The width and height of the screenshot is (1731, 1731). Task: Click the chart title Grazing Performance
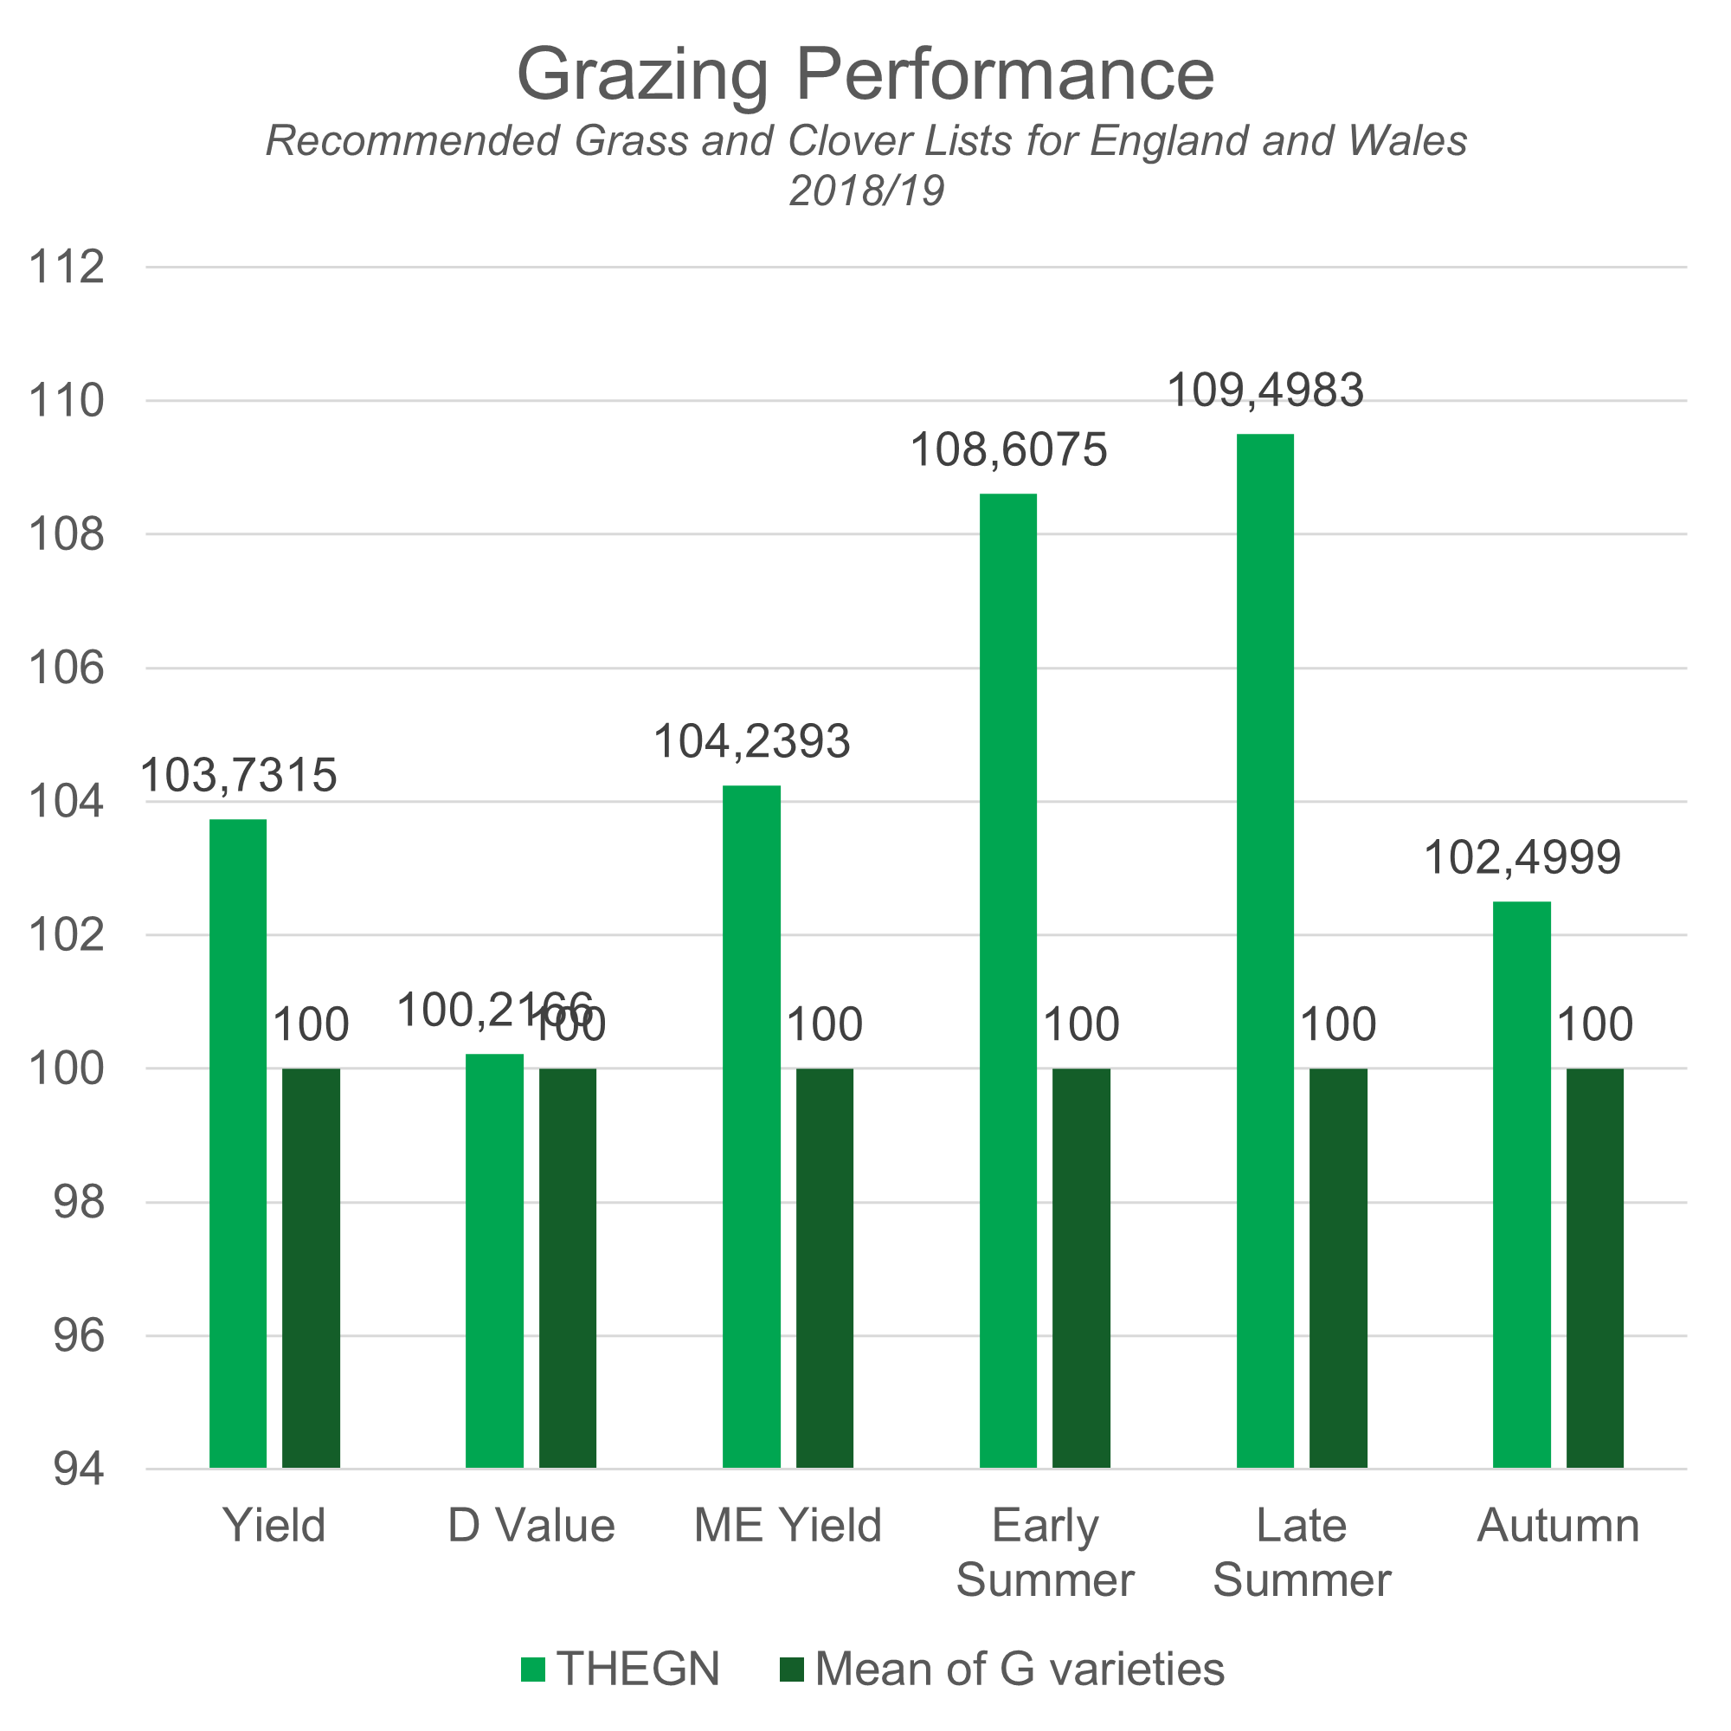click(865, 74)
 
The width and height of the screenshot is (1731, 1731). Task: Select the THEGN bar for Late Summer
click(1265, 950)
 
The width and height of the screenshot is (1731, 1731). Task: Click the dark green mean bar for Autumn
click(1595, 1268)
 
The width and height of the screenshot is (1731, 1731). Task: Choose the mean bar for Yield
click(311, 1268)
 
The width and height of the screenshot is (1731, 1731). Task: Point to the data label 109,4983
click(1265, 389)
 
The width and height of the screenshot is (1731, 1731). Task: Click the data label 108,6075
click(1009, 449)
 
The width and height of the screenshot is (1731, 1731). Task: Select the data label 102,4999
click(1522, 857)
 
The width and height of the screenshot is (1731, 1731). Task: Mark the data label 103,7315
click(238, 774)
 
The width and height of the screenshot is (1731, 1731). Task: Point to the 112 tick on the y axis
click(67, 267)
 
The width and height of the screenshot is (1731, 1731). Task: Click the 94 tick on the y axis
click(78, 1470)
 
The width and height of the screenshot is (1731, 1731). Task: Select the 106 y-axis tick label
click(67, 668)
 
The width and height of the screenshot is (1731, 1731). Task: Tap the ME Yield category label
click(788, 1525)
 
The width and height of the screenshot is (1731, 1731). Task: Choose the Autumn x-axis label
click(1558, 1525)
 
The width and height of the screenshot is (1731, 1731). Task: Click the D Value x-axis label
click(531, 1525)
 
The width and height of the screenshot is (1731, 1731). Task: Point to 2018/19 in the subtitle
click(866, 190)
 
